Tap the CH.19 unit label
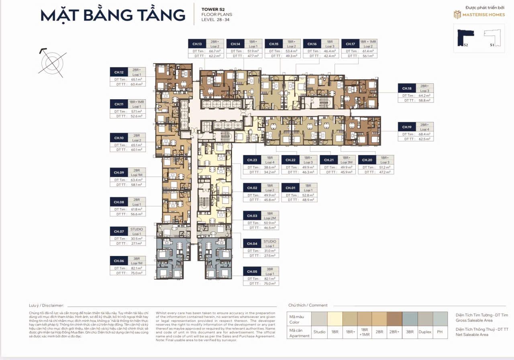click(406, 127)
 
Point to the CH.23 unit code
click(252, 160)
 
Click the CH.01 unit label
click(290, 188)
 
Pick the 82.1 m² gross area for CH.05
click(270, 278)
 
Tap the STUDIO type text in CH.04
click(270, 241)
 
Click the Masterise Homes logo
click(479, 15)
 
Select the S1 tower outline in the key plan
click(494, 38)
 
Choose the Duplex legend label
click(425, 332)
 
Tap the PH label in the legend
click(440, 332)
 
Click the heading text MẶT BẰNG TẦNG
click(113, 15)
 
